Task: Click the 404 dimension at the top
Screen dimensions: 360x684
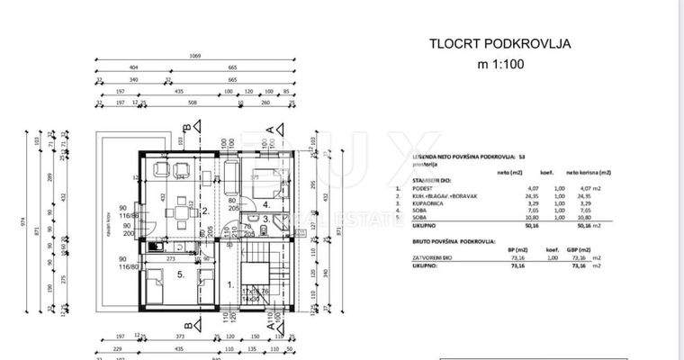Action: pyautogui.click(x=133, y=67)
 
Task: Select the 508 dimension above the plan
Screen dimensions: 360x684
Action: pyautogui.click(x=191, y=103)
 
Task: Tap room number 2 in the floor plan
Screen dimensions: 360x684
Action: pyautogui.click(x=205, y=212)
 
